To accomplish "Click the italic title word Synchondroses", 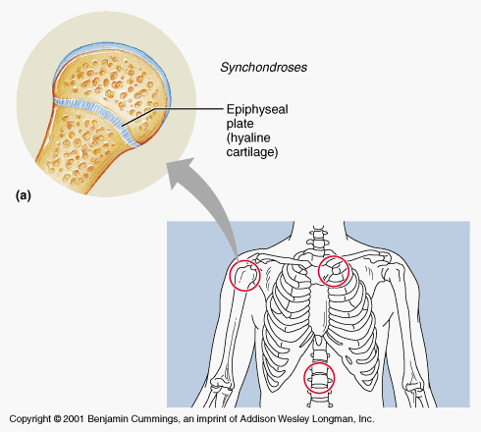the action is tap(263, 68).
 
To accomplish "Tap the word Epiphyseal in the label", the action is tap(257, 110).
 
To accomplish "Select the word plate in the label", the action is tap(240, 124).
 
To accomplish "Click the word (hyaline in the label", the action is tap(248, 138).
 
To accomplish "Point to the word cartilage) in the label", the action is tap(252, 152).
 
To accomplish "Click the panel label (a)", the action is tap(24, 195).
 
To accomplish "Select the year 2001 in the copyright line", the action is tap(74, 419).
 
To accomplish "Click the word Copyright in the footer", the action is tap(30, 419).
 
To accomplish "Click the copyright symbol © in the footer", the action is tap(57, 419).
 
